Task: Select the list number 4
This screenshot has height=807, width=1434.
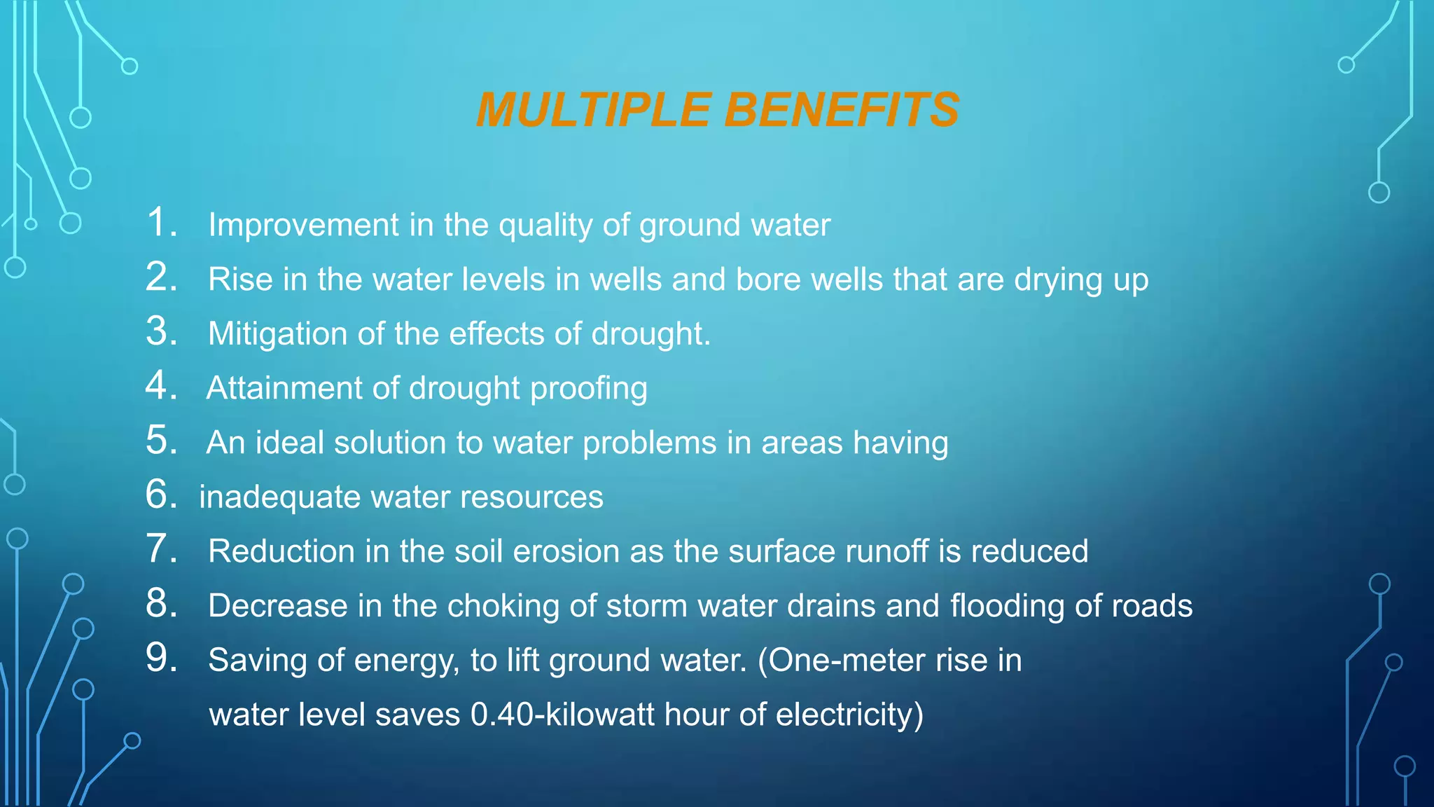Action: click(161, 385)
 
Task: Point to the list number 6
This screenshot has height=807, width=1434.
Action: click(161, 495)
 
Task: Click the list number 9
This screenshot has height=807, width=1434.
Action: click(161, 658)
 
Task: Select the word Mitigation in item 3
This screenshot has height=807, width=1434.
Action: click(278, 333)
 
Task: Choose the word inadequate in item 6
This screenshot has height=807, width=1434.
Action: click(279, 497)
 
